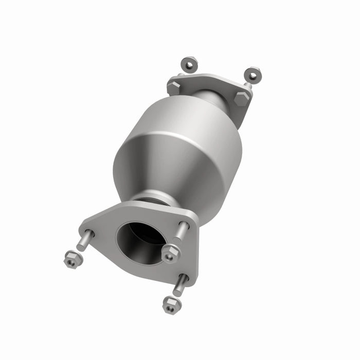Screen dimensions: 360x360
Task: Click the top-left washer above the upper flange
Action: tap(189, 64)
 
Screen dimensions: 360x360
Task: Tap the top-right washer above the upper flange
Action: tap(252, 75)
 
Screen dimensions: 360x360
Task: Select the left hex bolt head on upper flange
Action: tap(174, 87)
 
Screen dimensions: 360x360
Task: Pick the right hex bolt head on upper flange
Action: tap(241, 98)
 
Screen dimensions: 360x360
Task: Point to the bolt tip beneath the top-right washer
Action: tap(247, 85)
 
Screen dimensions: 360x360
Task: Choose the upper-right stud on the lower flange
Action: tap(182, 232)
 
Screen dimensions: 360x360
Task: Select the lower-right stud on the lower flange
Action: tap(179, 285)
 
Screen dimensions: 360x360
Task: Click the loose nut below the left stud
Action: tap(73, 259)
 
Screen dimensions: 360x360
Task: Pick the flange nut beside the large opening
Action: tap(170, 254)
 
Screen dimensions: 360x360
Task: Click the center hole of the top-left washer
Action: tap(189, 64)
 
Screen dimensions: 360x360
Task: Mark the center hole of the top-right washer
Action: tap(252, 75)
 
